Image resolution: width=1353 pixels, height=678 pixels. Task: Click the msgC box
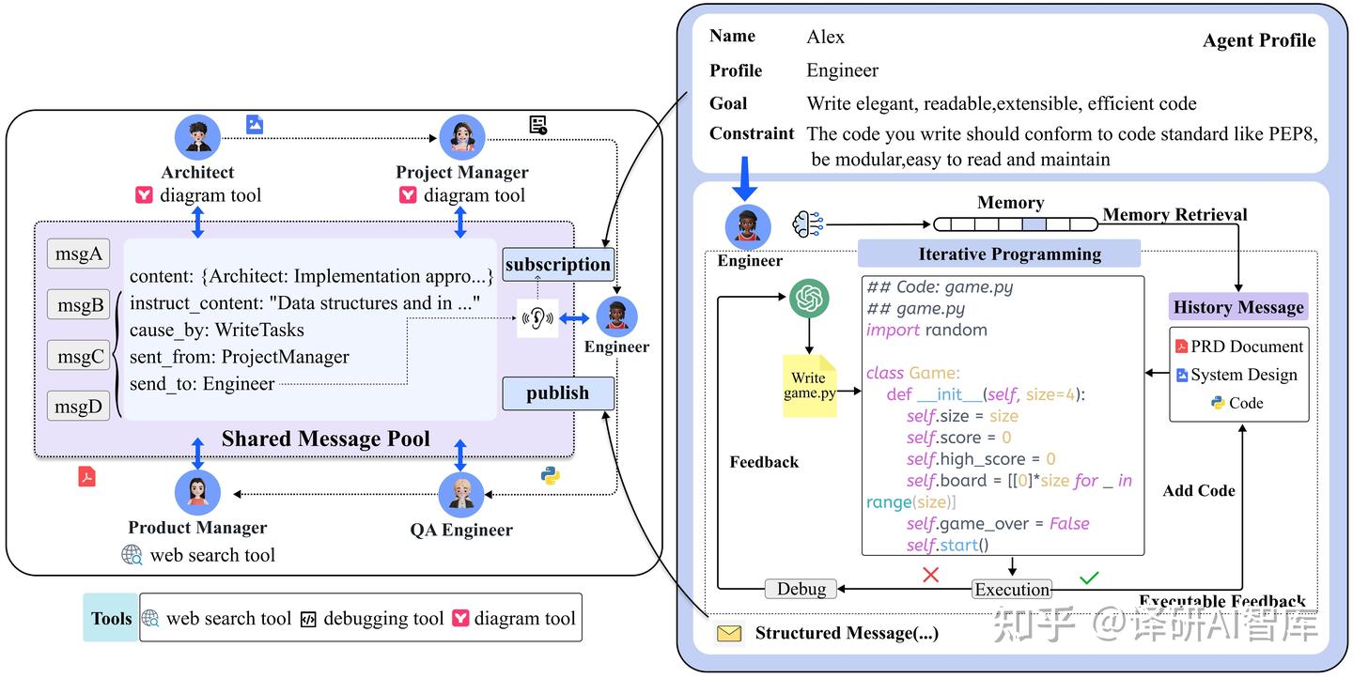tap(79, 356)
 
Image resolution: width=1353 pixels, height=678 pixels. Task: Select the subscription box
tap(557, 265)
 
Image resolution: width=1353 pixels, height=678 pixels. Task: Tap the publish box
tap(557, 393)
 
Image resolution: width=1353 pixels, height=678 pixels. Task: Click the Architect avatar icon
tap(197, 137)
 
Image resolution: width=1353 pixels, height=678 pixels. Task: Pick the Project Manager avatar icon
tap(461, 137)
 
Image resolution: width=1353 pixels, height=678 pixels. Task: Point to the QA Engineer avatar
tap(461, 494)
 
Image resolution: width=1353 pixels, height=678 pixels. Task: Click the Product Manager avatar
tap(197, 492)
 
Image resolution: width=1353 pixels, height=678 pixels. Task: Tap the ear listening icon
tap(537, 319)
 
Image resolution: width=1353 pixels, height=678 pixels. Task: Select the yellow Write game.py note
tap(809, 385)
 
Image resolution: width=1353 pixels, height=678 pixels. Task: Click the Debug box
tap(801, 589)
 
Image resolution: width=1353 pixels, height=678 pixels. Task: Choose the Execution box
tap(1011, 590)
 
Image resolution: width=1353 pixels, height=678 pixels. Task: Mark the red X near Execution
tap(930, 574)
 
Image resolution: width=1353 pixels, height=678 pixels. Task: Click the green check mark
tap(1089, 577)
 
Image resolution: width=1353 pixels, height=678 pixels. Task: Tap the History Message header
tap(1237, 307)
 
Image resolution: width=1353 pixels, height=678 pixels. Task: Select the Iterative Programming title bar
tap(999, 254)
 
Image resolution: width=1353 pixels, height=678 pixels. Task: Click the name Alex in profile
tap(825, 38)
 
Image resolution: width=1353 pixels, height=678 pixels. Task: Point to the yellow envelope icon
tap(729, 634)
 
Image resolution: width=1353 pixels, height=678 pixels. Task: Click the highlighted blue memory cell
tap(1034, 223)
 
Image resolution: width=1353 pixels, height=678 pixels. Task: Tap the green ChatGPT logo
tap(808, 299)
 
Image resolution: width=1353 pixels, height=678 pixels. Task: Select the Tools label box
tap(111, 618)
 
